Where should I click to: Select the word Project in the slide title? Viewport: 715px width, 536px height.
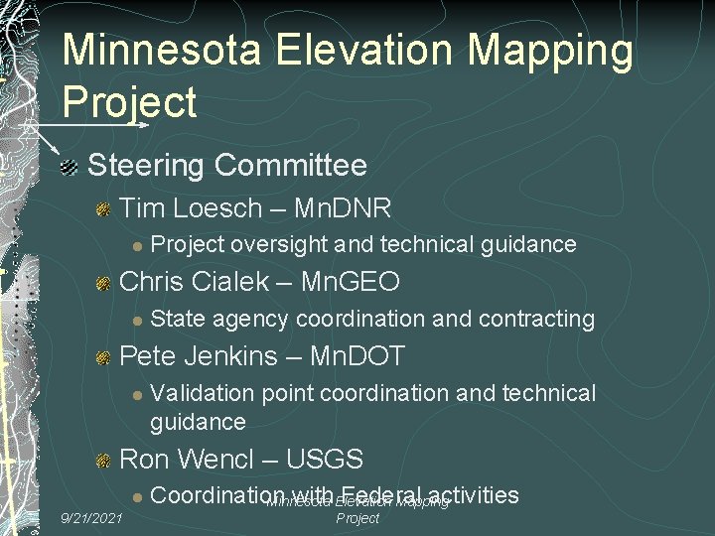coord(129,101)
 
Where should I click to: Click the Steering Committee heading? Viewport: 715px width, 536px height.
coord(227,165)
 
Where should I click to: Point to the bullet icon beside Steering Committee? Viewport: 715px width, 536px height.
coord(68,166)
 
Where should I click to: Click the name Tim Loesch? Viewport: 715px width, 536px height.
coord(192,207)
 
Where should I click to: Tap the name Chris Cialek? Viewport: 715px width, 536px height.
coord(194,282)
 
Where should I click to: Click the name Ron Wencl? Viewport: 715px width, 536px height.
coord(193,459)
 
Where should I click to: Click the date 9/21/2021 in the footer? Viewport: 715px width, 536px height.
coord(91,518)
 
